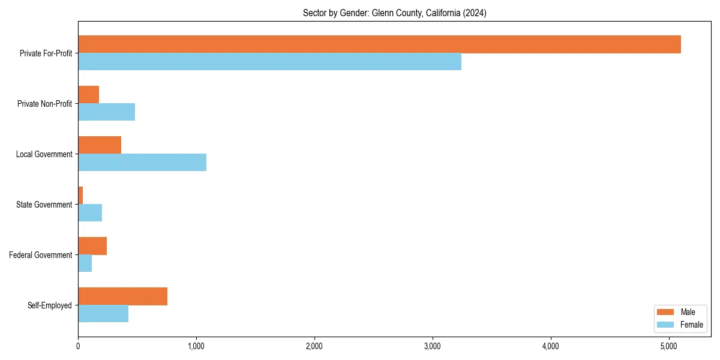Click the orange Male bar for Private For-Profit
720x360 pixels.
[x=379, y=44]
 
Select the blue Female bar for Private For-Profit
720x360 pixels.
[x=269, y=62]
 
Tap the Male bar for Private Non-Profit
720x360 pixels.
[x=88, y=95]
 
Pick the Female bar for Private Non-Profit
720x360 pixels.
[x=106, y=112]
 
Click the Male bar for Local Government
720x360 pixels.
[x=100, y=145]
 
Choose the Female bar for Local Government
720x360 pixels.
[x=142, y=163]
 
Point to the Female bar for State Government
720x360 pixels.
[x=90, y=213]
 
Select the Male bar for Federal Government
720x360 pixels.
[x=92, y=246]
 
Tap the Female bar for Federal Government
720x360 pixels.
[x=85, y=263]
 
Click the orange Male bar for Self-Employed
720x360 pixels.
[x=122, y=296]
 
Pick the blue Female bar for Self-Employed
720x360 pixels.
[x=103, y=314]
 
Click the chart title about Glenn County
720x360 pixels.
[x=394, y=13]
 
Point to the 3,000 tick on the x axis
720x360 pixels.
[x=433, y=346]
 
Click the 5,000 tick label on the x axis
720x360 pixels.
[x=669, y=346]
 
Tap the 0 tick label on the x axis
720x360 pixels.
[x=78, y=346]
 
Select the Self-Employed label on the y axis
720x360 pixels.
[x=49, y=305]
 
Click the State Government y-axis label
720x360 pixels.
[x=44, y=205]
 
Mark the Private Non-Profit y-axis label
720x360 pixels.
[x=44, y=104]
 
